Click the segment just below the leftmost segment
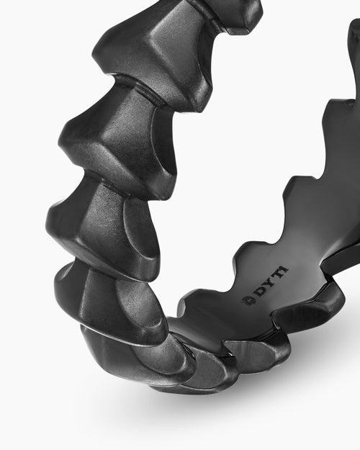[101, 295]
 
